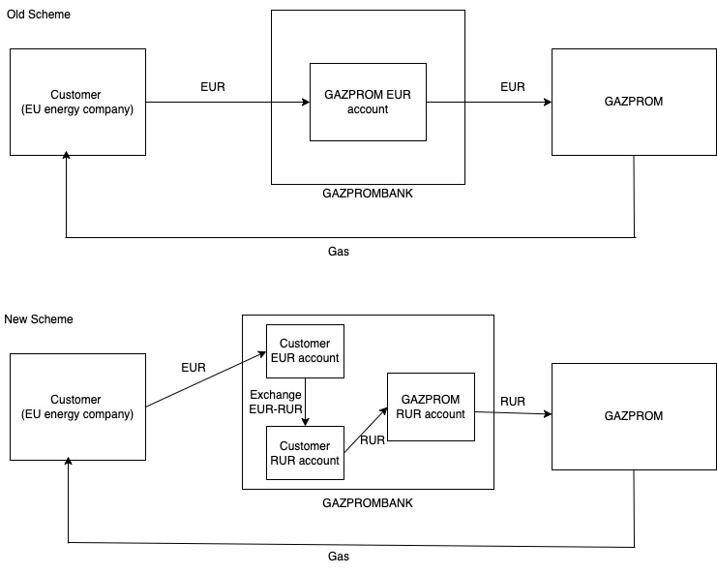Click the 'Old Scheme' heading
[x=38, y=15]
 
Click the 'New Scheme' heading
[x=39, y=319]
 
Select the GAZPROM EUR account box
[x=368, y=102]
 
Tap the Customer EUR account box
[x=305, y=350]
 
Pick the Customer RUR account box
[x=305, y=453]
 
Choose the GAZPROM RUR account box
[x=431, y=407]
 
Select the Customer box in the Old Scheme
[x=77, y=102]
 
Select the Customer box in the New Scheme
[x=77, y=407]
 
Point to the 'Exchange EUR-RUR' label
[x=275, y=402]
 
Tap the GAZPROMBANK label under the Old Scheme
[x=368, y=194]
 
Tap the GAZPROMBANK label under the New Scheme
[x=368, y=503]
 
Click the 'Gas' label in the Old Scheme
[x=339, y=251]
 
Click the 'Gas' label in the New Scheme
[x=339, y=557]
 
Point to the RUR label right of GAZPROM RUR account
[x=513, y=402]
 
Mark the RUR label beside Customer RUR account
[x=373, y=440]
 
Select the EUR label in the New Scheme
[x=194, y=368]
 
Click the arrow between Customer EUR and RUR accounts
[x=305, y=401]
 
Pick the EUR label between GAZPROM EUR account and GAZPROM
[x=513, y=87]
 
